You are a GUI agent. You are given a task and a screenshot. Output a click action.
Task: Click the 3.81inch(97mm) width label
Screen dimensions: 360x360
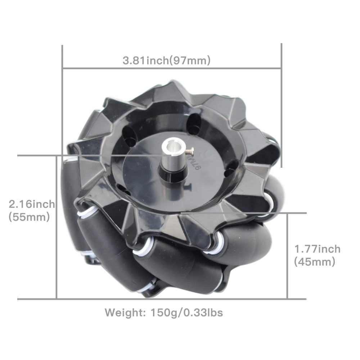coord(166,60)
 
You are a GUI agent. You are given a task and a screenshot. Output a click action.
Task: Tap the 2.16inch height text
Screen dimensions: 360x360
coord(32,204)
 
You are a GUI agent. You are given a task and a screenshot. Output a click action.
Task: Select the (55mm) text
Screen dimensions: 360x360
coord(29,217)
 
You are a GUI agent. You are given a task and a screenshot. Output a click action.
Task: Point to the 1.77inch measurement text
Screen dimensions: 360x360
coord(317,249)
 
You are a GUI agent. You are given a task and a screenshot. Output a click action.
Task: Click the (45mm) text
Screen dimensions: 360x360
coord(315,262)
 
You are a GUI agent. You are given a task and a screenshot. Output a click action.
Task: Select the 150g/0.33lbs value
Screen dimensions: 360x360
coord(186,313)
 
